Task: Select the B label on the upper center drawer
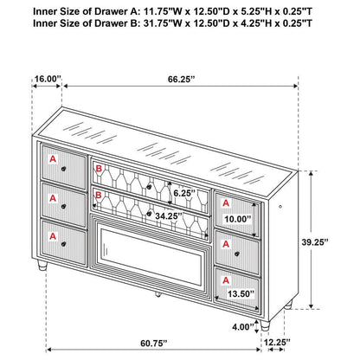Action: point(100,170)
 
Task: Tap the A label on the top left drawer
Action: point(54,159)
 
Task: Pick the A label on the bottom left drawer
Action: point(54,235)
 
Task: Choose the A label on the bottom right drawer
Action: point(225,280)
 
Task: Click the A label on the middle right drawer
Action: point(225,241)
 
